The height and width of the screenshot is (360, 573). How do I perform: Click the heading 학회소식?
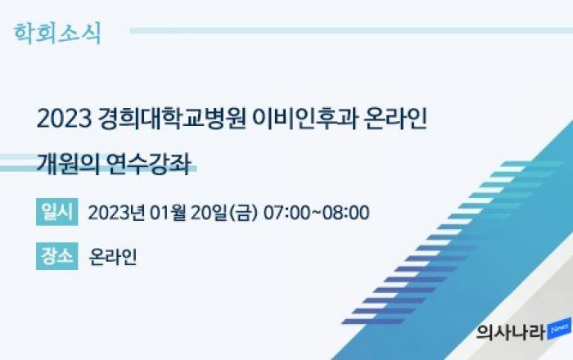(57, 34)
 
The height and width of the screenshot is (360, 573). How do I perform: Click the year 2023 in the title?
(64, 119)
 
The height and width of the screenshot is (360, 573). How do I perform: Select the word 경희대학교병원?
(172, 119)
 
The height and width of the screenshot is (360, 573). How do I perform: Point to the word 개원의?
(68, 164)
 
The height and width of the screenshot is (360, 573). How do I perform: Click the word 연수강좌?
(149, 164)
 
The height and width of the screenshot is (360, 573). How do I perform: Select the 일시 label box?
(57, 212)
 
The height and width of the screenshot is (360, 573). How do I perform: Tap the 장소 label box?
(57, 256)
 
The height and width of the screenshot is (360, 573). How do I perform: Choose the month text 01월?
(168, 213)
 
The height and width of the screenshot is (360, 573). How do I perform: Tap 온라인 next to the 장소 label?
(113, 257)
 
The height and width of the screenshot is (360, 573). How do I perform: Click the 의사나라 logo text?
(512, 332)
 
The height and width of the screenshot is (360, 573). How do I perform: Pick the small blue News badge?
(559, 328)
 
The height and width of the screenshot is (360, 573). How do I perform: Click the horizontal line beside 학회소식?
(351, 30)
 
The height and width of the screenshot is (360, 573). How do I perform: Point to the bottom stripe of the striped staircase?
(372, 322)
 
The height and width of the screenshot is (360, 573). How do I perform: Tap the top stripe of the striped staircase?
(532, 164)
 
